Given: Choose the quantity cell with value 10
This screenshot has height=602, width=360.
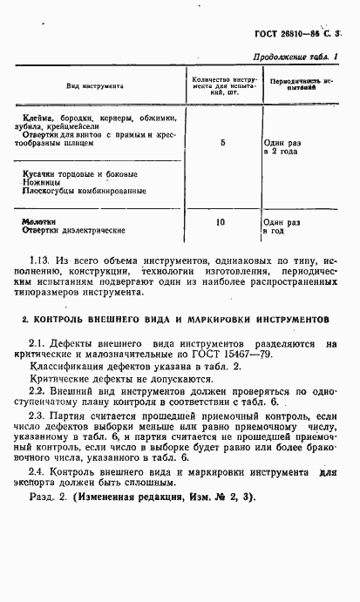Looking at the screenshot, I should [x=222, y=222].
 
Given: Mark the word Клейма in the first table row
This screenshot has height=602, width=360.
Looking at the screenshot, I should [x=40, y=117].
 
